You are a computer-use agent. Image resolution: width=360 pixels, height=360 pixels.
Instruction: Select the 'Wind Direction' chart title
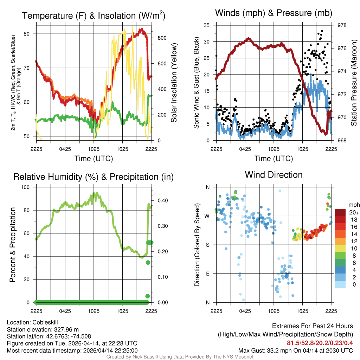click(274, 174)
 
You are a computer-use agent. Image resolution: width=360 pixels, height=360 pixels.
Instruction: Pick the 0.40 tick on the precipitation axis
click(160, 200)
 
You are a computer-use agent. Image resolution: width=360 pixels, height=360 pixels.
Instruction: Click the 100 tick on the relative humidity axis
click(28, 187)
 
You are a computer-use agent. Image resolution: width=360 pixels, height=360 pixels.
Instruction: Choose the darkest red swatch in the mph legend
click(340, 212)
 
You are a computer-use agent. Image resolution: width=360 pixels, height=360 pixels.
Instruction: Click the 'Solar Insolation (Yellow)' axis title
click(174, 83)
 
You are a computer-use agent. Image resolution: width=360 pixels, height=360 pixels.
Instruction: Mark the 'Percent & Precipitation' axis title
click(12, 245)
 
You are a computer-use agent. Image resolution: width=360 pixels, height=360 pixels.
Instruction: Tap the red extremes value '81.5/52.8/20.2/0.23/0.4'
click(320, 343)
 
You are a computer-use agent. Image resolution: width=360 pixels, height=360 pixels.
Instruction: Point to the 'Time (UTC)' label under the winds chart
click(274, 159)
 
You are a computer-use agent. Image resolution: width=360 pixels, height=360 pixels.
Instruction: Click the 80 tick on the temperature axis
click(30, 34)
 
